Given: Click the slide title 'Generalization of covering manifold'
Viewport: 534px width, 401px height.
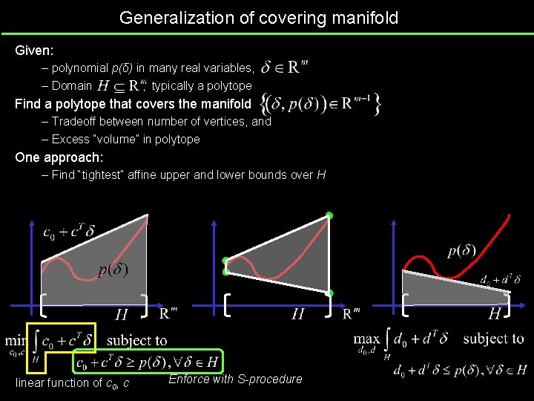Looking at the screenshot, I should click(x=259, y=17).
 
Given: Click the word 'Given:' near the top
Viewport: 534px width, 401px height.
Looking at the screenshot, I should click(x=34, y=51).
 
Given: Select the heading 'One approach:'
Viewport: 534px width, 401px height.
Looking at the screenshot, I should click(x=59, y=157).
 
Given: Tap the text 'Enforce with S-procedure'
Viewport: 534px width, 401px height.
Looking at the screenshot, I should click(x=235, y=379).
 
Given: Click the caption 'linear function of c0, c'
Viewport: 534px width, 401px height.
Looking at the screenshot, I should click(x=73, y=383).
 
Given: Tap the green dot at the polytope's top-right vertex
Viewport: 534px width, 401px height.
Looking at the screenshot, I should click(x=329, y=215).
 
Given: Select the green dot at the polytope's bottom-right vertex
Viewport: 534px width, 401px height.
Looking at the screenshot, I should click(x=330, y=293).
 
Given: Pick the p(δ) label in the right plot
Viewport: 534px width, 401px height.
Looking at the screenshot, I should click(x=462, y=250).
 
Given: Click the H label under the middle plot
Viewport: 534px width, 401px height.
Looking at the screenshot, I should click(x=297, y=314).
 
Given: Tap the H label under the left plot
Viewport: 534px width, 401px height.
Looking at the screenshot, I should click(x=121, y=314).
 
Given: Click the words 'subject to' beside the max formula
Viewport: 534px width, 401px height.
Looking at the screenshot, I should click(x=493, y=339).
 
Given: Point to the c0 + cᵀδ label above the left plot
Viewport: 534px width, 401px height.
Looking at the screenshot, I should click(x=68, y=232).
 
